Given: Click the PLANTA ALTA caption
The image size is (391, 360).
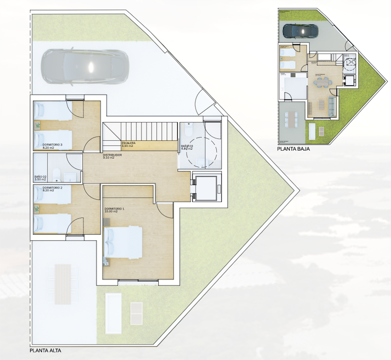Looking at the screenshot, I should click(x=45, y=350).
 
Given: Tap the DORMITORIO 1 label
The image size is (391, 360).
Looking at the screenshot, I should click(x=114, y=208).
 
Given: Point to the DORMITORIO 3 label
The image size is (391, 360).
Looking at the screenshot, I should click(x=52, y=144).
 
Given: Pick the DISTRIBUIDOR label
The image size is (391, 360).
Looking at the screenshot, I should click(x=113, y=155).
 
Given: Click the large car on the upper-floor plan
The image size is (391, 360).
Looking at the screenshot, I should click(x=85, y=67).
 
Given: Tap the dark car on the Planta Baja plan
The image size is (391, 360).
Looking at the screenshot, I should click(x=300, y=31).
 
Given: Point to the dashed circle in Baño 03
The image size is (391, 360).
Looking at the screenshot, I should click(x=202, y=151).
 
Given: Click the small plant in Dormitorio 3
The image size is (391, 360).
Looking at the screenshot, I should click(x=38, y=125).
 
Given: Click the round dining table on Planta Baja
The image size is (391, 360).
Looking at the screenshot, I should click(x=323, y=82).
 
